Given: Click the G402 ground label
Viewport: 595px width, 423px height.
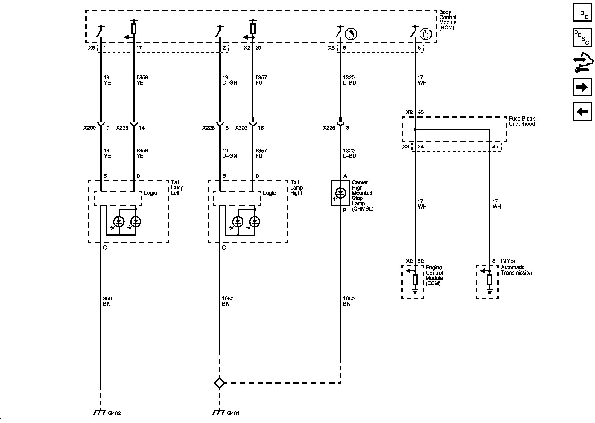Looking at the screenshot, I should click(114, 413).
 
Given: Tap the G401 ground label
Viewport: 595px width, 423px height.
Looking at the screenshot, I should click(233, 413).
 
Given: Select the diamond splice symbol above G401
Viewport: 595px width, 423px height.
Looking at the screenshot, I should click(219, 383).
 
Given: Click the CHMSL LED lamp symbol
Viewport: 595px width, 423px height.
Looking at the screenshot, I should click(340, 193).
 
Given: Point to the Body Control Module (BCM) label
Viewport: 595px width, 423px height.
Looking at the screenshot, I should click(448, 20).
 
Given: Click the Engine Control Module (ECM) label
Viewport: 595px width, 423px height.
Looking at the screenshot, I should click(434, 275).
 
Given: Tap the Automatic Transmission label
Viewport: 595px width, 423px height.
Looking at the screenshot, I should click(516, 270).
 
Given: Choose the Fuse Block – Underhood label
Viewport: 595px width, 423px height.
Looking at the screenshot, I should click(524, 121).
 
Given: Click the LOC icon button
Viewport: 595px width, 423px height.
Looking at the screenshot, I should click(582, 13).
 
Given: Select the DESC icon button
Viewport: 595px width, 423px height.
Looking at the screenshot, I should click(582, 37).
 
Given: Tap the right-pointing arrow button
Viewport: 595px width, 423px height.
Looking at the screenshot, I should click(582, 87).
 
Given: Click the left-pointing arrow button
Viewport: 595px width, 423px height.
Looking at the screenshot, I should click(582, 111).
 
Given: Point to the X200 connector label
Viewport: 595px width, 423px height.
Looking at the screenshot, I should click(89, 128).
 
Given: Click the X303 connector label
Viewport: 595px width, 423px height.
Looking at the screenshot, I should click(241, 128).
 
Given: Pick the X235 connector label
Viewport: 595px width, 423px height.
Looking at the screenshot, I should click(122, 128).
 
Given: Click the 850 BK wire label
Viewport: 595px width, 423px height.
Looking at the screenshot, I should click(107, 301).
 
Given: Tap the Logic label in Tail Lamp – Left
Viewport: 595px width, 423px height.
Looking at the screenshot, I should click(150, 193).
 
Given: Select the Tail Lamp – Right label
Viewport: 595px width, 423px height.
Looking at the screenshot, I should click(299, 187).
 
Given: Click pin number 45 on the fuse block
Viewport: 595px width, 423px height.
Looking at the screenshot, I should click(495, 147).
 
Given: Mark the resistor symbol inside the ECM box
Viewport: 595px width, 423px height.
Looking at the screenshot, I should click(415, 280).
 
